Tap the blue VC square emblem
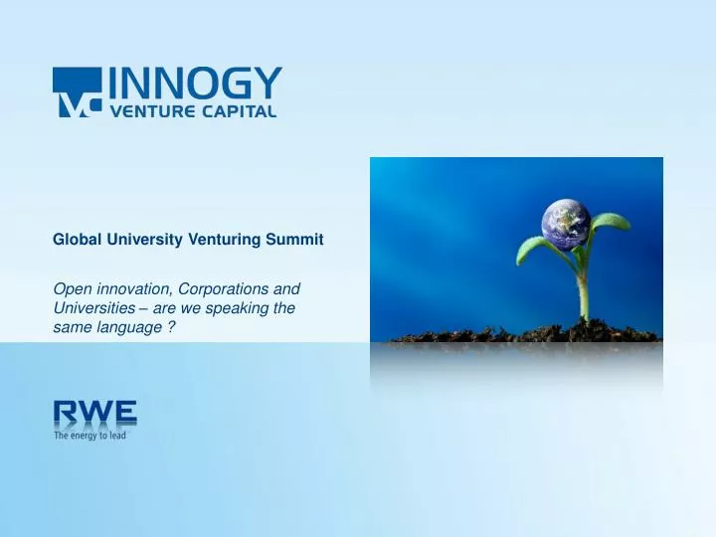[78, 92]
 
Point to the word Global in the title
[75, 240]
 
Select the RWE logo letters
[94, 413]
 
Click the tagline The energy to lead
[89, 435]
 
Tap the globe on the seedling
[565, 225]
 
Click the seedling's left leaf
[538, 249]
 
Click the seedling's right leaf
[609, 223]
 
